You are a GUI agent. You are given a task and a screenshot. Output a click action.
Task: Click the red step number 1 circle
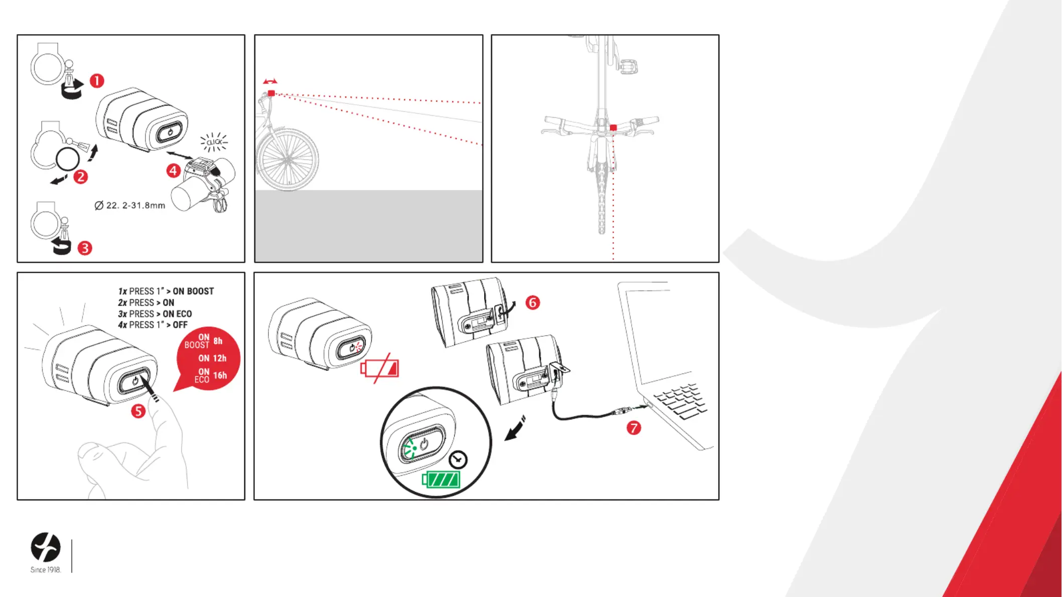(x=97, y=81)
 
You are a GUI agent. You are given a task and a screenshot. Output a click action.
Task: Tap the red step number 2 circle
(x=81, y=177)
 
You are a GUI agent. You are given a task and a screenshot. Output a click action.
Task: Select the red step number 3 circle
(x=85, y=248)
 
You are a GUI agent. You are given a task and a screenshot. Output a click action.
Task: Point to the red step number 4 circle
(x=174, y=171)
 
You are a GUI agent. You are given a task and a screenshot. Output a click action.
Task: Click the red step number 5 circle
(x=138, y=412)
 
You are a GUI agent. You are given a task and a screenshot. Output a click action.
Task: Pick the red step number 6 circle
(x=533, y=303)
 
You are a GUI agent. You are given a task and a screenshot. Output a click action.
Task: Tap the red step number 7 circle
(x=634, y=428)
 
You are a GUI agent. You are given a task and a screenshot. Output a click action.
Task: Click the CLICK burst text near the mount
(x=214, y=142)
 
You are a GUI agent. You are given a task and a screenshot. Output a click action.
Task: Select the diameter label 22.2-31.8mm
(x=130, y=206)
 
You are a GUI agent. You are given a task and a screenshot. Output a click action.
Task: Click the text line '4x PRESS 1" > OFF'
(x=153, y=325)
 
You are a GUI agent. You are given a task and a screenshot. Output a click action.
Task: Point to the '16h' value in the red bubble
(x=220, y=375)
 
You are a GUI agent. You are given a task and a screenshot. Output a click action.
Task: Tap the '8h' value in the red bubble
(x=218, y=341)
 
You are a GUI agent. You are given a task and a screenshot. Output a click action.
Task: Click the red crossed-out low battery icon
(x=380, y=369)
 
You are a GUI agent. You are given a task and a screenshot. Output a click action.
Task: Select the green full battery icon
(x=441, y=480)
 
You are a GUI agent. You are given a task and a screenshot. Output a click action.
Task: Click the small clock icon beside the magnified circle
(x=458, y=460)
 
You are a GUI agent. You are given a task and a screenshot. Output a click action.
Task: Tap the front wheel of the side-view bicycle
(x=287, y=160)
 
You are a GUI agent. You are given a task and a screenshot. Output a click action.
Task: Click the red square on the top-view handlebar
(x=613, y=128)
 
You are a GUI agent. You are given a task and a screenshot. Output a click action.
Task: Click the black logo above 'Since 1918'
(x=46, y=547)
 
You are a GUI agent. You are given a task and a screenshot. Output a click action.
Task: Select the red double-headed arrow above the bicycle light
(x=270, y=81)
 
